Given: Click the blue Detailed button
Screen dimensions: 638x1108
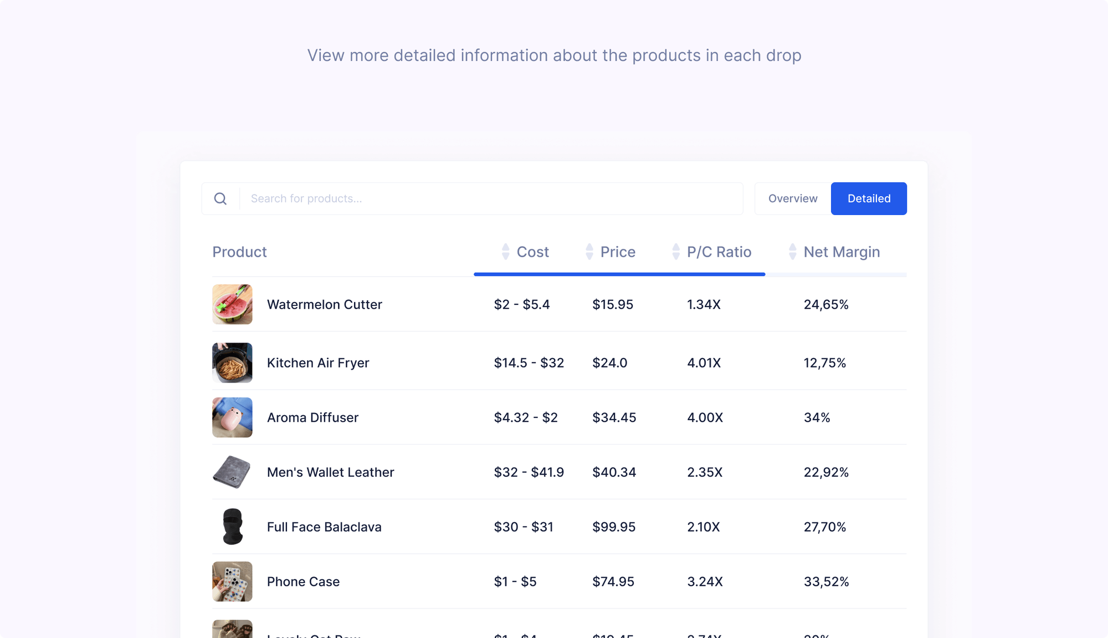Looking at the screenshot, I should click(x=869, y=198).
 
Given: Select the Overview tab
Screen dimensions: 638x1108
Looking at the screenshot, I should click(x=793, y=198).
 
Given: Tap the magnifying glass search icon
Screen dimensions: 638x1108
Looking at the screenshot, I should click(x=220, y=198).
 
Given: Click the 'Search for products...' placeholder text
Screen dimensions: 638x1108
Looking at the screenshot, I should click(x=306, y=198).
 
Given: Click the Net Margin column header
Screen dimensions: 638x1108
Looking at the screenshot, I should click(x=841, y=252).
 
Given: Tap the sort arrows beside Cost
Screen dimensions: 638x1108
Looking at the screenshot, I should click(x=505, y=252).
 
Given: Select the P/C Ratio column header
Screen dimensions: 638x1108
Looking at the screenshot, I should click(x=719, y=252).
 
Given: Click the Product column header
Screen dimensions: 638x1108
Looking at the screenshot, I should click(x=239, y=252).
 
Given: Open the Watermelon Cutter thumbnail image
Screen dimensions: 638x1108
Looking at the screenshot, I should click(x=232, y=304).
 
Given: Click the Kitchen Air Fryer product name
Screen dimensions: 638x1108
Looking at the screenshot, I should click(x=317, y=363).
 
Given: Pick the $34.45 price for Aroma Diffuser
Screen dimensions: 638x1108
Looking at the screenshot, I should click(x=614, y=417).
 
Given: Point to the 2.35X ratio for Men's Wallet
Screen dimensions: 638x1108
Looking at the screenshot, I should click(x=705, y=472).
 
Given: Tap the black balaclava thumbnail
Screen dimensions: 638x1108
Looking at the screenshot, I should click(x=232, y=527).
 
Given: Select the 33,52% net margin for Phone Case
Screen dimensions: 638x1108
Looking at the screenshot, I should click(x=826, y=581).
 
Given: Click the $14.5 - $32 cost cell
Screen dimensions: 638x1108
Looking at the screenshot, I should click(x=529, y=363).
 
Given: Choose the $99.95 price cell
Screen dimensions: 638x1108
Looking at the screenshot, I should click(x=613, y=527).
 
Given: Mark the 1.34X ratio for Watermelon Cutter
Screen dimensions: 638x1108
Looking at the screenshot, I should click(x=704, y=304).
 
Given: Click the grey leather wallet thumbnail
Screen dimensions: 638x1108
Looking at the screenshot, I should click(x=232, y=472).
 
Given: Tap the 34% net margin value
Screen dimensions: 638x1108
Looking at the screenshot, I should click(x=817, y=417).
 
